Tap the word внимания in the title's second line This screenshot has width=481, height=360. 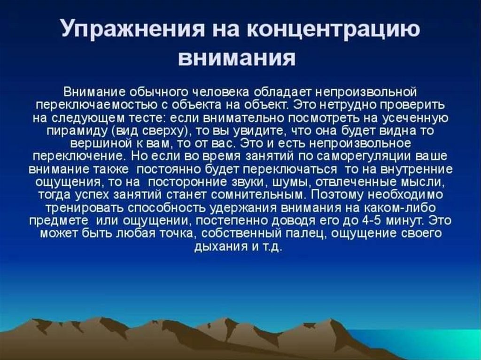point(237,58)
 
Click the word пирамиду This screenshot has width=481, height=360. point(78,131)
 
